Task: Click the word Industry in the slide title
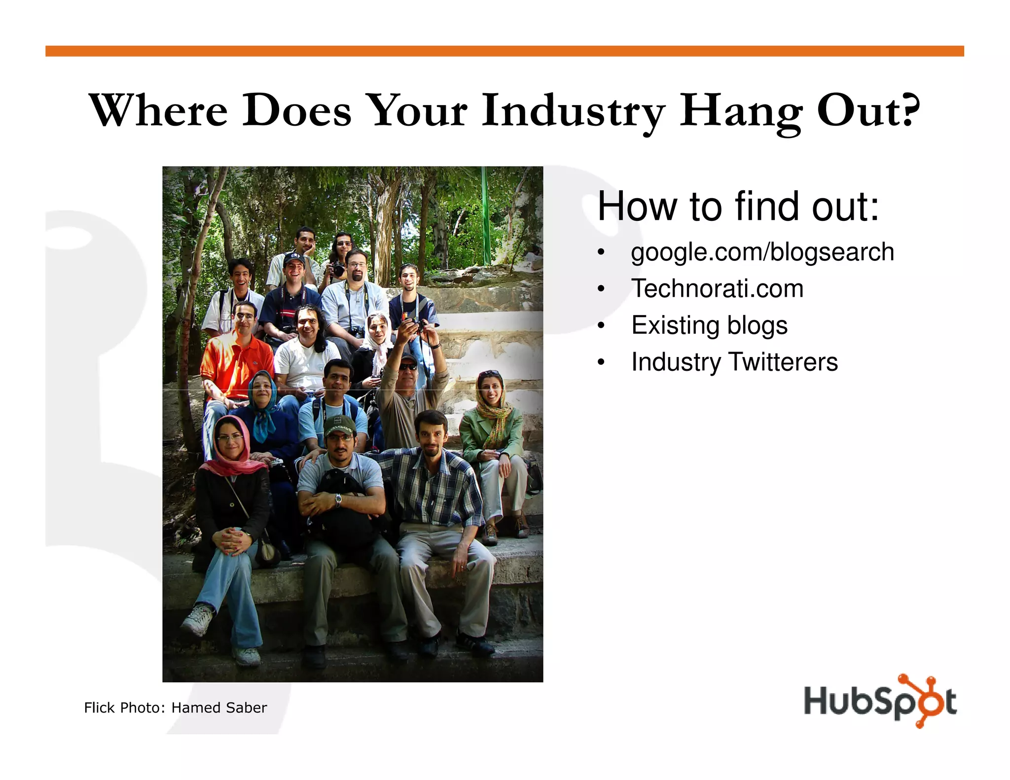pyautogui.click(x=573, y=111)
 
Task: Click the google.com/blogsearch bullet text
pyautogui.click(x=762, y=252)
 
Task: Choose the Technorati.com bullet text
pyautogui.click(x=717, y=288)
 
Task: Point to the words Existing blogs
pyautogui.click(x=709, y=325)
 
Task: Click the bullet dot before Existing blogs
pyautogui.click(x=600, y=326)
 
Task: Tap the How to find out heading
pyautogui.click(x=738, y=206)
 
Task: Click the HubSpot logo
pyautogui.click(x=880, y=701)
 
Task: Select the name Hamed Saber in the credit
pyautogui.click(x=219, y=708)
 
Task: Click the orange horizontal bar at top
pyautogui.click(x=504, y=51)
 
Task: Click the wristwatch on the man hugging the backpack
pyautogui.click(x=338, y=499)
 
